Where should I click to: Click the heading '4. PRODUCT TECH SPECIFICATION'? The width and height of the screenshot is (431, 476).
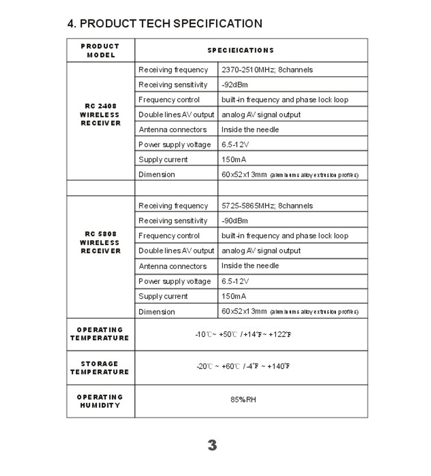[165, 24]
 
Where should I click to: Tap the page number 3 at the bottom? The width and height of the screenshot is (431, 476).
[212, 445]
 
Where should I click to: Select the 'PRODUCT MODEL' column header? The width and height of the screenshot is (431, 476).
[101, 51]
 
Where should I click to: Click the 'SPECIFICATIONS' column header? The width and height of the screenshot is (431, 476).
[241, 51]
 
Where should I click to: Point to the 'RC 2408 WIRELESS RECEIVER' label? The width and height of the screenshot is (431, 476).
[101, 115]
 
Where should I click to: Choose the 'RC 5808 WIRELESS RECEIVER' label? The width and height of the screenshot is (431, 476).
[101, 242]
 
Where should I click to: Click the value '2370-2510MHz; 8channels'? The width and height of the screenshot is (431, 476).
[267, 70]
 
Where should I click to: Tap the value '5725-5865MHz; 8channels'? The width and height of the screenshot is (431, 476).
[267, 206]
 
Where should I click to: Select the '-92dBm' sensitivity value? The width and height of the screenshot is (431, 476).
[234, 85]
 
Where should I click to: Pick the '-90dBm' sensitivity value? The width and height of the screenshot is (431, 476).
[234, 221]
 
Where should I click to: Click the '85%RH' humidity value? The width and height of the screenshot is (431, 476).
[243, 399]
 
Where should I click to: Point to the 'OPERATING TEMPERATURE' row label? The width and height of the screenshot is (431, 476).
[100, 334]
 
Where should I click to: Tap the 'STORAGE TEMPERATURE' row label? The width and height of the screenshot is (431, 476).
[100, 368]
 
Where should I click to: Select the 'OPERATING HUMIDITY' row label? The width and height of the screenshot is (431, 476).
[100, 401]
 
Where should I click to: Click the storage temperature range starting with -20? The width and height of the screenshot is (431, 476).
[243, 366]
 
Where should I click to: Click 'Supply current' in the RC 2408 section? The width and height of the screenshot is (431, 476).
[163, 160]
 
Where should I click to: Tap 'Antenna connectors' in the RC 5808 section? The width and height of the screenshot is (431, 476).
[172, 266]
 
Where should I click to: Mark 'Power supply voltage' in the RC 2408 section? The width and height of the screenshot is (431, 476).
[175, 145]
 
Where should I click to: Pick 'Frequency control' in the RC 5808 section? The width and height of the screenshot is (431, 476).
[169, 236]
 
